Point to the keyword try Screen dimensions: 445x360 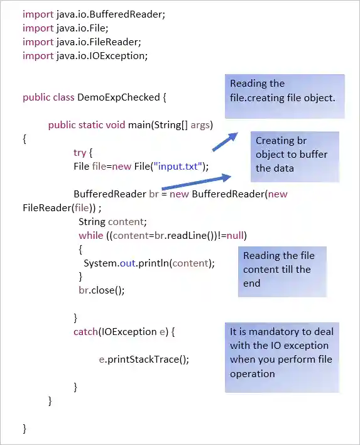pos(80,152)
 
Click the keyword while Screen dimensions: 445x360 pos(90,235)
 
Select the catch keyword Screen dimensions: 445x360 pos(85,331)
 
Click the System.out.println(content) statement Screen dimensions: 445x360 pos(149,263)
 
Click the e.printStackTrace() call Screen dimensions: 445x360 pos(143,359)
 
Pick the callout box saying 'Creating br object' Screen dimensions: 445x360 pos(295,155)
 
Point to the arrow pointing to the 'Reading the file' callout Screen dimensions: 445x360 pos(224,141)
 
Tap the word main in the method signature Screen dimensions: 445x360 pos(139,124)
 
